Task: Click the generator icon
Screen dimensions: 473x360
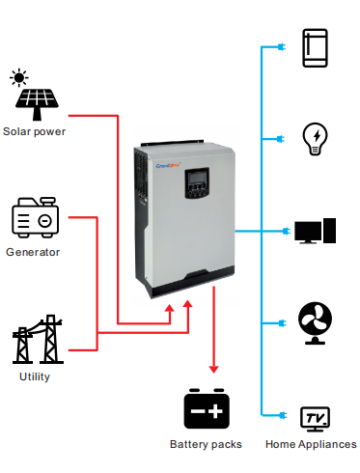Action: point(34,219)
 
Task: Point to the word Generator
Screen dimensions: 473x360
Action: point(33,252)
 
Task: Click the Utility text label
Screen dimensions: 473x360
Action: point(35,376)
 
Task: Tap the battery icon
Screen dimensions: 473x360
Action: point(207,410)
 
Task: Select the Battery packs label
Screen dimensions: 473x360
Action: point(206,444)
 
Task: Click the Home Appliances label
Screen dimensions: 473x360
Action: point(311,444)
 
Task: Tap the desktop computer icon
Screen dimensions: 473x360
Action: point(315,232)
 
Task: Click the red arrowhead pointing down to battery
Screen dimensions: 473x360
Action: point(213,367)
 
